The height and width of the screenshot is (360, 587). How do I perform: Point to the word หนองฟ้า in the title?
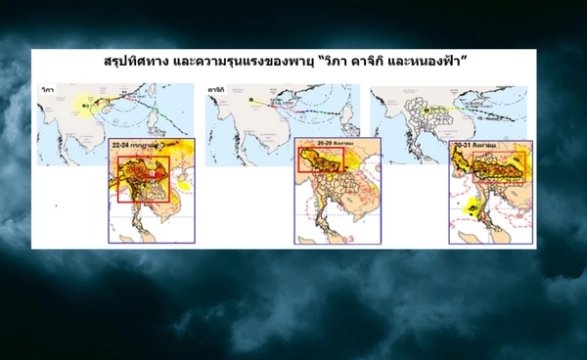(x=449, y=61)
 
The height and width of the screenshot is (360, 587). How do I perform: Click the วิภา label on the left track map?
(x=47, y=89)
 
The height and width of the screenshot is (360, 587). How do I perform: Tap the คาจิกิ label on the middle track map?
(x=217, y=89)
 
